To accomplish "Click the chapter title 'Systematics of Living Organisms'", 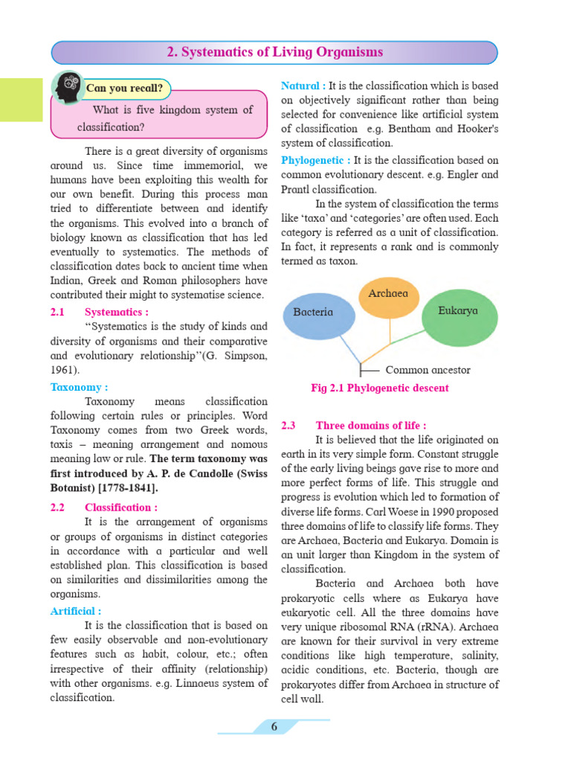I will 274,52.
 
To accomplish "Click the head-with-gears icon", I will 68,87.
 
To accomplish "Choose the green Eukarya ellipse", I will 459,312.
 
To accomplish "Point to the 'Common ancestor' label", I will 428,369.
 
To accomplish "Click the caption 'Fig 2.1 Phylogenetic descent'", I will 379,388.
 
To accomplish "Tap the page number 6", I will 274,726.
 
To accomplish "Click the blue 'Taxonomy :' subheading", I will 79,387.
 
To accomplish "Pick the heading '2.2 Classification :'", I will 104,508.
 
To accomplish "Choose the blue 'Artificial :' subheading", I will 76,611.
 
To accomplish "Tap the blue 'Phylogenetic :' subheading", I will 315,160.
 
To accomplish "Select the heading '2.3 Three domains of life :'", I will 354,426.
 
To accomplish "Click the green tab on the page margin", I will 21,99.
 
